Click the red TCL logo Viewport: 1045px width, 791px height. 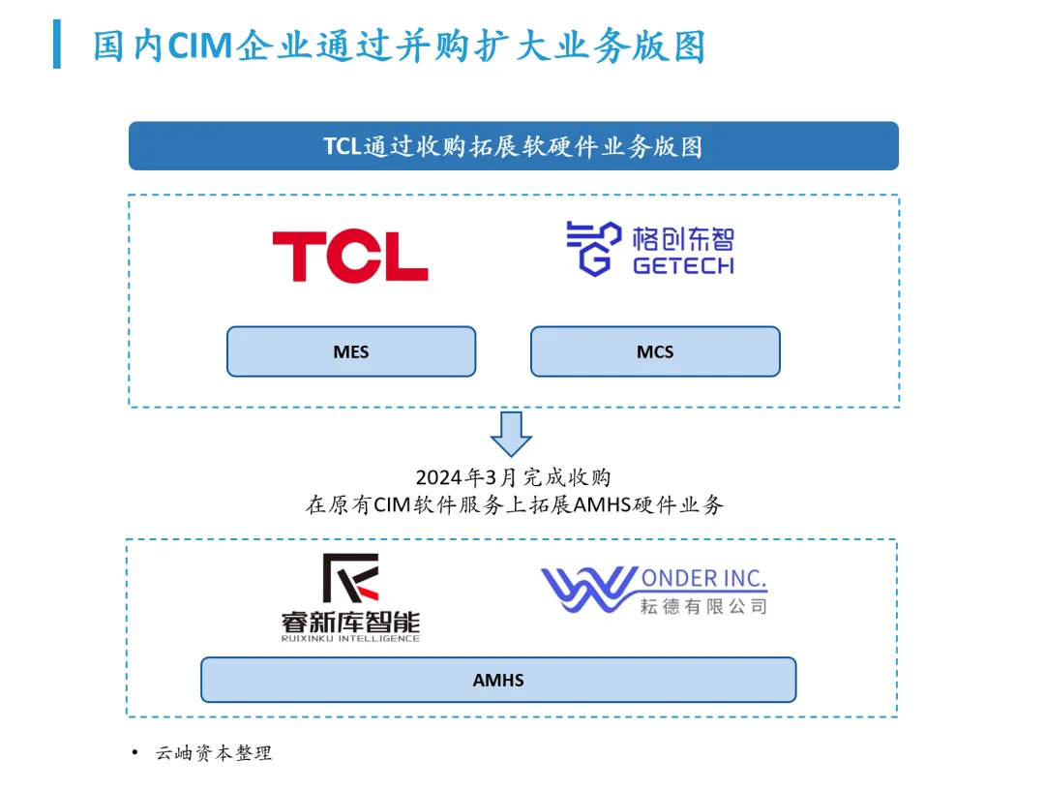tap(349, 256)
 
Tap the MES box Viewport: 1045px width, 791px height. tap(351, 351)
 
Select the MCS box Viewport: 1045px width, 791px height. tap(655, 351)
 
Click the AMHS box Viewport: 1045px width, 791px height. tap(498, 680)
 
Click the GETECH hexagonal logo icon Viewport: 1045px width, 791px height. tap(592, 249)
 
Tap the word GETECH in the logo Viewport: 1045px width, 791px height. tap(683, 265)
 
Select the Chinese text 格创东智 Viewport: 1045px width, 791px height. tap(683, 238)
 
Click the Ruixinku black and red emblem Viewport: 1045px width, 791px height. tap(350, 578)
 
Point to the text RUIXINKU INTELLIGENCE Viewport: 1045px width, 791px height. tap(350, 638)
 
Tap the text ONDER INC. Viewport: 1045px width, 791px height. tap(703, 579)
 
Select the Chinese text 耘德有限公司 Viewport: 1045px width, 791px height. tap(703, 606)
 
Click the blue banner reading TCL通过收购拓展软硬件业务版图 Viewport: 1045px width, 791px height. tap(513, 146)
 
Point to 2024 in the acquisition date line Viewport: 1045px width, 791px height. tap(436, 477)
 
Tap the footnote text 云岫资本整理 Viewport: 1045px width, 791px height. tap(214, 753)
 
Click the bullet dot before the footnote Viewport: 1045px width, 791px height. tap(134, 752)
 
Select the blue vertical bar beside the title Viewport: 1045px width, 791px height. tap(56, 45)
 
